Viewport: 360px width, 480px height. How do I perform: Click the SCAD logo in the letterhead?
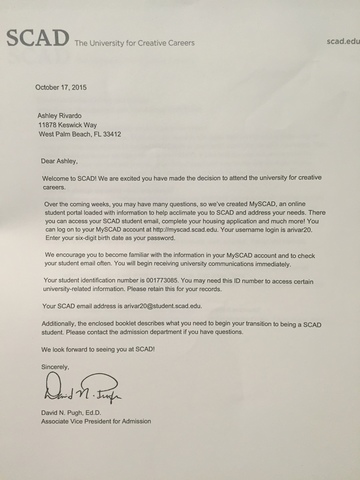click(x=37, y=39)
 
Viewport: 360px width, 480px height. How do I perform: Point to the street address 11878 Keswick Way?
click(x=74, y=126)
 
